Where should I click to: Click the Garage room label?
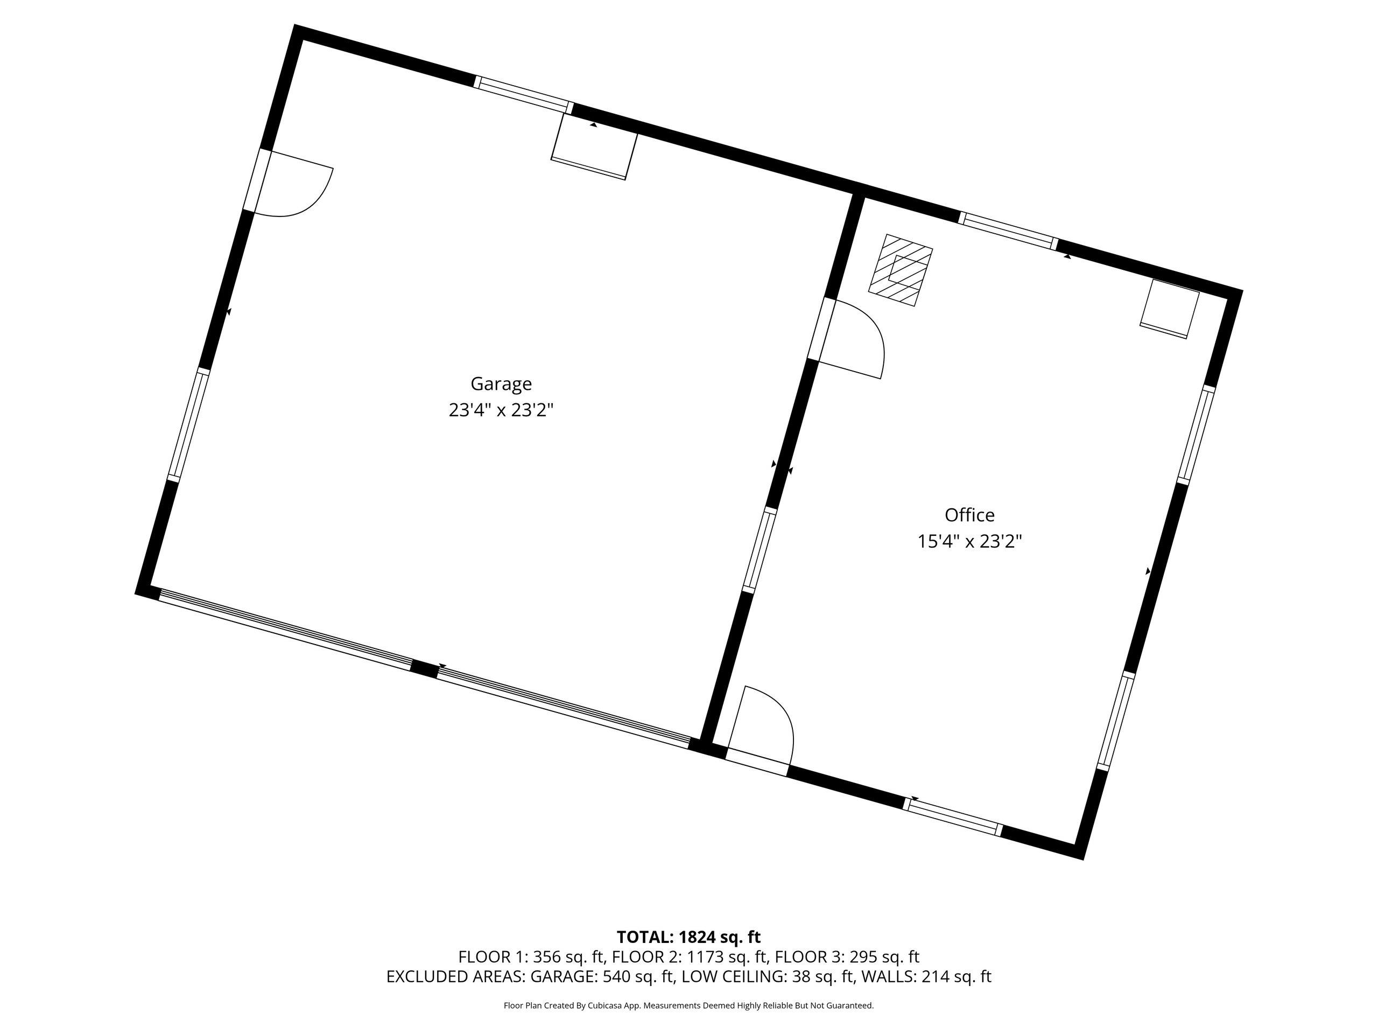501,384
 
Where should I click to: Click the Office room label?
969,515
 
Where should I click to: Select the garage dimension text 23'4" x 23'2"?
501,410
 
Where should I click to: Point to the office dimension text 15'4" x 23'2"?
969,541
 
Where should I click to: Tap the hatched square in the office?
901,270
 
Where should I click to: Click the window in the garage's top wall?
523,95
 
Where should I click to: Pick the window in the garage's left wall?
188,425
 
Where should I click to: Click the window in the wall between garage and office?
760,548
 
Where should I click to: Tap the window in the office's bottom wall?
953,816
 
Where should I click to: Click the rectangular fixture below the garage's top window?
594,146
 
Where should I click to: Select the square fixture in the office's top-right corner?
1169,309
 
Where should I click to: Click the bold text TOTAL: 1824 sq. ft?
688,937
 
